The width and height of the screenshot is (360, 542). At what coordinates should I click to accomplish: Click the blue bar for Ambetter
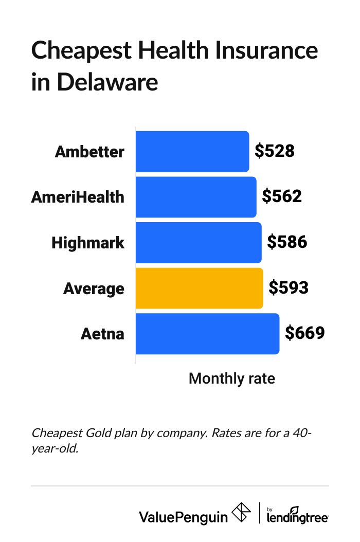(192, 152)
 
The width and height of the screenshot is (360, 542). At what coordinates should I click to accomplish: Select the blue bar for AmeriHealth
(195, 197)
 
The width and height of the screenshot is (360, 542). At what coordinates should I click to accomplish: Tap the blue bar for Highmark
(198, 242)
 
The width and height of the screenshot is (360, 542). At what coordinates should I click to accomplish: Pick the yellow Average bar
(199, 288)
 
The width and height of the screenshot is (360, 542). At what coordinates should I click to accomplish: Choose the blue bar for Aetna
(207, 333)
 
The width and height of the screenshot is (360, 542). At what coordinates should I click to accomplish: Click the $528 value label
(275, 151)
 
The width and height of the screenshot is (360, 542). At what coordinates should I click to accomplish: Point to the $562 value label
(282, 196)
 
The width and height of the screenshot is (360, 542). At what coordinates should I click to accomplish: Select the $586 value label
(287, 242)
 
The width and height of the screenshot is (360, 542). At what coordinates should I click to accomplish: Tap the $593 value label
(289, 287)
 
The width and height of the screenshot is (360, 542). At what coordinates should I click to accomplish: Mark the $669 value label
(305, 333)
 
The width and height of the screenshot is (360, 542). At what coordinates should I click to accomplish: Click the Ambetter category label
(89, 152)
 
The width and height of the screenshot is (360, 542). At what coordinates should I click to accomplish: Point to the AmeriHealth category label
(78, 197)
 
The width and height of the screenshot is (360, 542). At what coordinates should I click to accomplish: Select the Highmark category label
(88, 242)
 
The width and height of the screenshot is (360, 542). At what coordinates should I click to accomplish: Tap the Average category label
(94, 288)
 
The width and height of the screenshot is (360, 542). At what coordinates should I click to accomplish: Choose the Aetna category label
(102, 333)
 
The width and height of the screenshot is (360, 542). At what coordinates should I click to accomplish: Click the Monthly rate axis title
(232, 378)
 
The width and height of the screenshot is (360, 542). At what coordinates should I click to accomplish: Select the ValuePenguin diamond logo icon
(242, 513)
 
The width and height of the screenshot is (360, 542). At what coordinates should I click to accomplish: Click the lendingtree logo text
(297, 517)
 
